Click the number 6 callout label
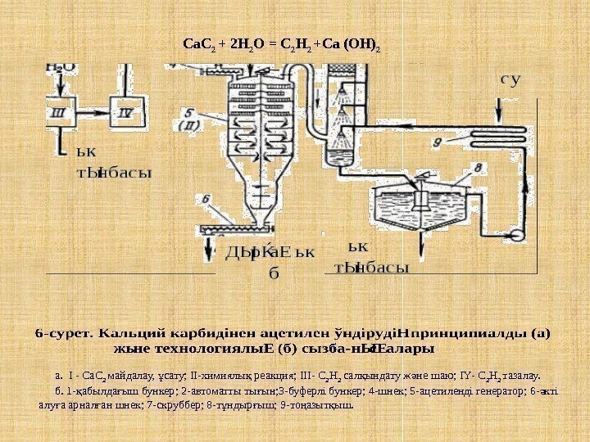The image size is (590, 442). coord(205,199)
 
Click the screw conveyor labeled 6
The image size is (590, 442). coord(238,227)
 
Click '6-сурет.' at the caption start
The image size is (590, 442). coord(65,334)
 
